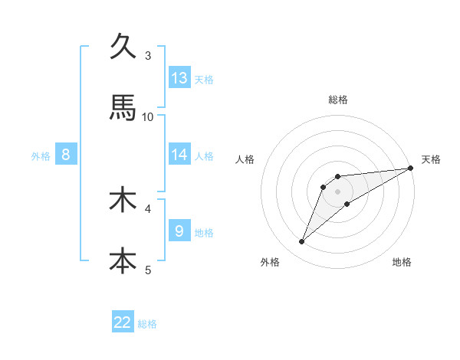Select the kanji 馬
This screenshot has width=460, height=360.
[123, 108]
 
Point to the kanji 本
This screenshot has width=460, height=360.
[123, 260]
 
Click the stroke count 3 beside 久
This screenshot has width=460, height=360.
[148, 56]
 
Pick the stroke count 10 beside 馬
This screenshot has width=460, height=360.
[148, 117]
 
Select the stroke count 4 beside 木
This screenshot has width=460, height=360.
[148, 208]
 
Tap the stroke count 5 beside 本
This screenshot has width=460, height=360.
[148, 270]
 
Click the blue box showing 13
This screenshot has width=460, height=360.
[179, 78]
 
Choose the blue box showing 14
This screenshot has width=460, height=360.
[179, 155]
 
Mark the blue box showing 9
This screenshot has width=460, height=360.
[179, 231]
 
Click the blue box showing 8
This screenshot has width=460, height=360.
[66, 155]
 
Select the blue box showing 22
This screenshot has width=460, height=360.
[123, 322]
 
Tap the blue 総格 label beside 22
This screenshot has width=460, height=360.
[147, 324]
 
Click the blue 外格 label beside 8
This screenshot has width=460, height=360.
[41, 156]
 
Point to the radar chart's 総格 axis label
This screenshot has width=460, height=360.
[338, 100]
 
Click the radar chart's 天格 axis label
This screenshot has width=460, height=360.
[431, 159]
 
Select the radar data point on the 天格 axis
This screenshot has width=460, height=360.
[410, 169]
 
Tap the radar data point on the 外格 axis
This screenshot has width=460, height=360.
[302, 242]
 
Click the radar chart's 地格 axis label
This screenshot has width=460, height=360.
[402, 263]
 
